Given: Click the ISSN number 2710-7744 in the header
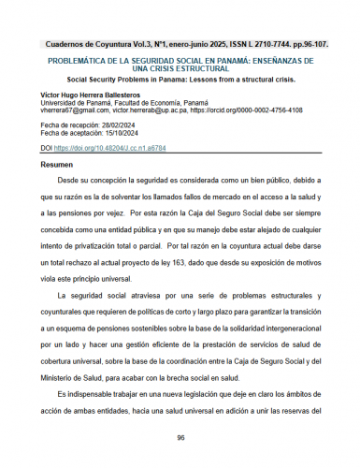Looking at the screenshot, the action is coord(263,45).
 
